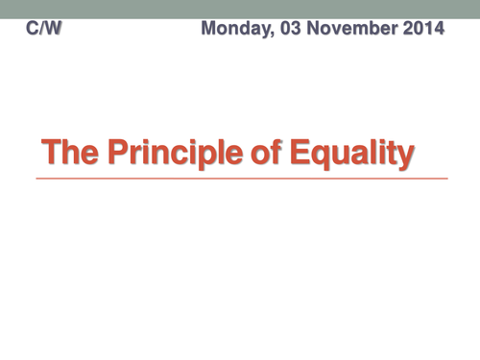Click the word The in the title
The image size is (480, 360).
tap(70, 154)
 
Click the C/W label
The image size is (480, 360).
tap(45, 30)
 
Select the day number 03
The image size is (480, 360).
tap(286, 30)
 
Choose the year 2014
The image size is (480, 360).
tap(422, 30)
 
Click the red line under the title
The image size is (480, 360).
tap(240, 179)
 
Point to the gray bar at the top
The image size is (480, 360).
tap(240, 9)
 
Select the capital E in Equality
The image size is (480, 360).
tap(291, 154)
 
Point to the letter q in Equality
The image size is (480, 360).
tap(315, 156)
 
